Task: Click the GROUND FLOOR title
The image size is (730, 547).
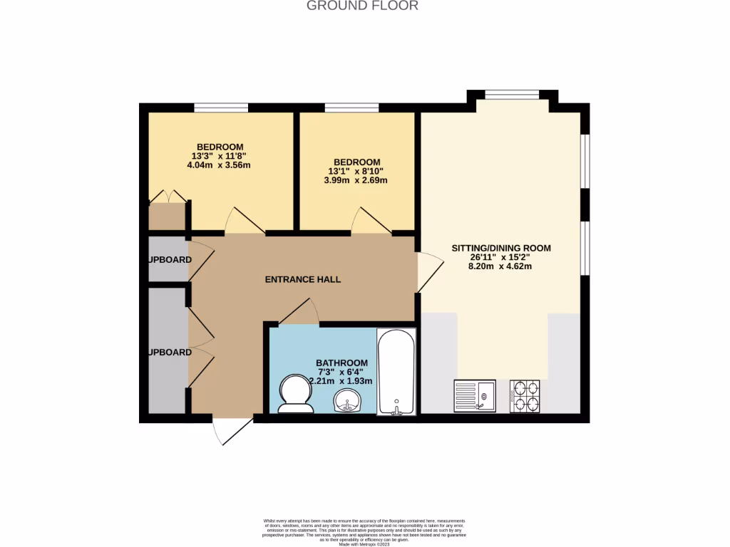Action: pos(362,6)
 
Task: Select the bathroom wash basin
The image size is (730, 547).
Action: pos(347,401)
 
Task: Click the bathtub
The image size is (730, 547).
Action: pos(395,372)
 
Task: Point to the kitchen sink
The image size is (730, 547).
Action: pos(475,395)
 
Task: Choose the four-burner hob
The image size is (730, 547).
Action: pos(525,396)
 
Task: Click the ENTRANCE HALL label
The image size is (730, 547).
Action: pos(302,280)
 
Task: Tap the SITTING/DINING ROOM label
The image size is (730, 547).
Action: pos(501,249)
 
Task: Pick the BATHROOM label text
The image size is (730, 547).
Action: pos(342,363)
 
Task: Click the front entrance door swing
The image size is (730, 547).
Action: pos(232,432)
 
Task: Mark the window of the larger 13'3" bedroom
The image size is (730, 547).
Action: pos(221,108)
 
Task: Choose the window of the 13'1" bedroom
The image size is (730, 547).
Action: pos(351,108)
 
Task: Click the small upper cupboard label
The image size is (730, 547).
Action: pos(170,260)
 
